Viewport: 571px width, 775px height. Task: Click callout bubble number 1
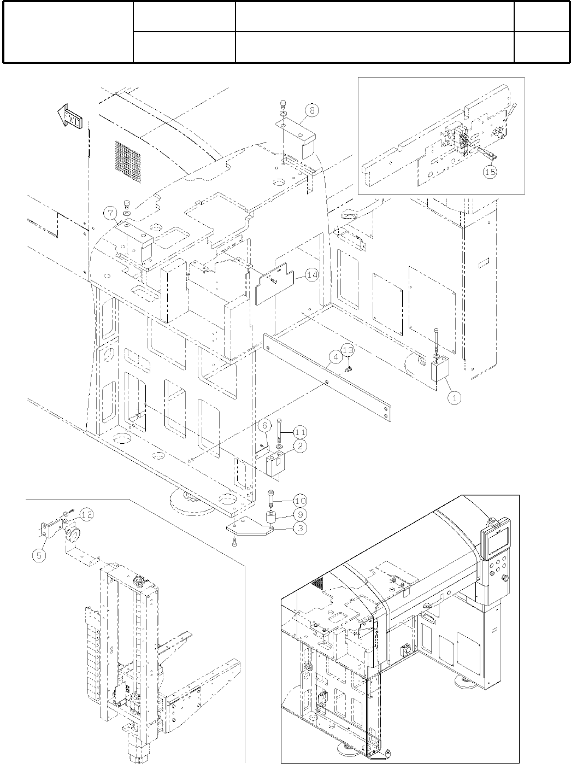[x=454, y=398]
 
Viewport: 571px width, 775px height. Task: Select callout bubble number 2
[x=300, y=446]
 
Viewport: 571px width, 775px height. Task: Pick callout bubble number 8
[x=311, y=111]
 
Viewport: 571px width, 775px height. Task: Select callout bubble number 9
[x=300, y=514]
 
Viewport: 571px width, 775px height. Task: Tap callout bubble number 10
[x=300, y=501]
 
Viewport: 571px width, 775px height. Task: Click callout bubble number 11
[x=300, y=432]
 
